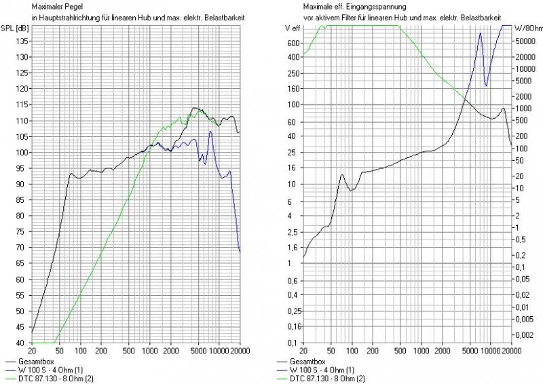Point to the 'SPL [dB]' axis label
coord(14,28)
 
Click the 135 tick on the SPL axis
coord(22,41)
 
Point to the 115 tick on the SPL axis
coord(22,104)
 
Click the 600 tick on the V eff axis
coord(293,42)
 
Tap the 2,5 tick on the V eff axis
coord(293,231)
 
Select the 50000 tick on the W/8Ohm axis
coord(525,42)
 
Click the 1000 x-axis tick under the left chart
coord(149,350)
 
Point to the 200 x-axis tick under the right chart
coord(373,350)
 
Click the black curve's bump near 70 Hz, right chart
coord(341,175)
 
